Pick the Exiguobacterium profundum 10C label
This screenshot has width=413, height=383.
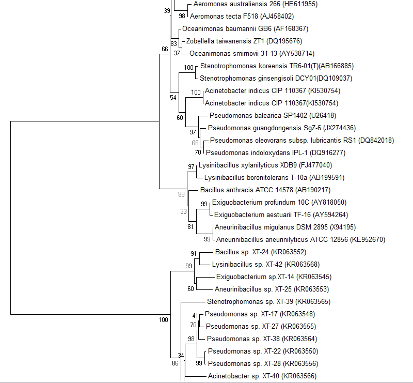coord(251,202)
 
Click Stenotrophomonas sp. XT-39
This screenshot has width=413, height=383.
coord(243,301)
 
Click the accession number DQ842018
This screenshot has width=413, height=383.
coord(376,140)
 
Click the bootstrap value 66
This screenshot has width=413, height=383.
coord(165,49)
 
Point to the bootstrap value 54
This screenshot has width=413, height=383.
coord(173,97)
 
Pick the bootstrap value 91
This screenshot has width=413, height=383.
coord(194,253)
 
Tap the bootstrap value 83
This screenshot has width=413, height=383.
coord(174,43)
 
